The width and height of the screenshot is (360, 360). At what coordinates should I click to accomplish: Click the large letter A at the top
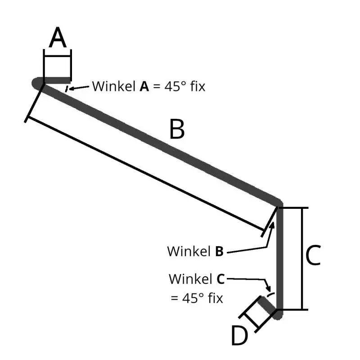click(58, 38)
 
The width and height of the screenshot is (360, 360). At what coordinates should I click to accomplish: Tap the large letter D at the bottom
click(240, 335)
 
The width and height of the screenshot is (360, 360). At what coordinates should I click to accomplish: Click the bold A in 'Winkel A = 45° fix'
click(144, 86)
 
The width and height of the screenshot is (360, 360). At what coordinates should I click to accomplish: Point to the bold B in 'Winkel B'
click(219, 251)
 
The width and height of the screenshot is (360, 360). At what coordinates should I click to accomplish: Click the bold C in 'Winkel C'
click(220, 279)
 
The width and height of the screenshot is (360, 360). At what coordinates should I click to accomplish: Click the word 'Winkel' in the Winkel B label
click(189, 251)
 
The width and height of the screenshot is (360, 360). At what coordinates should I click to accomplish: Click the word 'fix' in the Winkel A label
click(197, 86)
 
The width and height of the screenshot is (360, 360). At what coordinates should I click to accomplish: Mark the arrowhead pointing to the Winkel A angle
click(72, 88)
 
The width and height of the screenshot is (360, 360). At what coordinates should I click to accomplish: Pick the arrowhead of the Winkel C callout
click(269, 290)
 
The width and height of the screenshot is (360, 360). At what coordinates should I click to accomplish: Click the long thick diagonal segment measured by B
click(162, 143)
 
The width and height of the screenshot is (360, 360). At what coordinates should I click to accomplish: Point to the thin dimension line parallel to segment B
click(144, 175)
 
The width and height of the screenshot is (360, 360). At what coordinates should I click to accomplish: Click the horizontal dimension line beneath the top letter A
click(57, 55)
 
